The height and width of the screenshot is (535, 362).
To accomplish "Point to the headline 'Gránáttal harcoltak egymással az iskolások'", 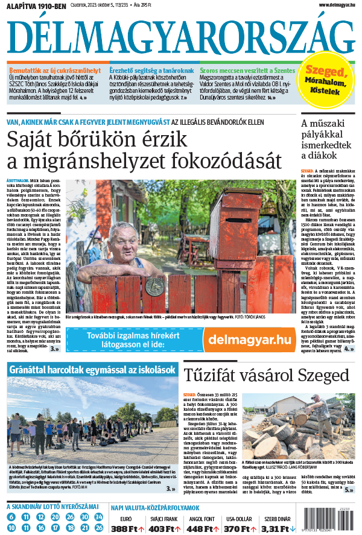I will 93,369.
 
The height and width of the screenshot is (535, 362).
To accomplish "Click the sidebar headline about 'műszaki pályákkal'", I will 326,140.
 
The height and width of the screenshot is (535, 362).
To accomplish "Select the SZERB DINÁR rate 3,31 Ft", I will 275,529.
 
